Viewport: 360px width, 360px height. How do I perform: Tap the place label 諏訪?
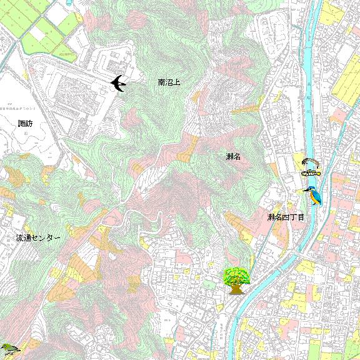pyautogui.click(x=26, y=124)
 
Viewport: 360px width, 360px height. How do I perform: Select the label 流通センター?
pyautogui.click(x=38, y=239)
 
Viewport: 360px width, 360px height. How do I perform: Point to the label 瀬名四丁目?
pyautogui.click(x=286, y=217)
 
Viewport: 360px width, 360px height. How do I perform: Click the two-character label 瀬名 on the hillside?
pyautogui.click(x=233, y=156)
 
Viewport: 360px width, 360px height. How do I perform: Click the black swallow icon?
pyautogui.click(x=117, y=83)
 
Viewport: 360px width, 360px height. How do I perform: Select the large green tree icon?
pyautogui.click(x=236, y=280)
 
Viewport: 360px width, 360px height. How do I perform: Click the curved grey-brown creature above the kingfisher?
pyautogui.click(x=309, y=162)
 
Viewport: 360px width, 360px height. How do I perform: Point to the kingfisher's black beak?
pyautogui.click(x=306, y=191)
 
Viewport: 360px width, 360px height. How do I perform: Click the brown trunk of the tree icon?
pyautogui.click(x=236, y=289)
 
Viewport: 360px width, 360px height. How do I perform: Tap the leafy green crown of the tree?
pyautogui.click(x=236, y=274)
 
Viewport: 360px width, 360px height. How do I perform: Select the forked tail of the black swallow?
pyautogui.click(x=113, y=79)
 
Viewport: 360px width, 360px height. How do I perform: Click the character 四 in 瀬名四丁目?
pyautogui.click(x=286, y=217)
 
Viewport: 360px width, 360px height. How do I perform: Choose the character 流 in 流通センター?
pyautogui.click(x=20, y=239)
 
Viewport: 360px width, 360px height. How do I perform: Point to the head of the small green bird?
pyautogui.click(x=5, y=346)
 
